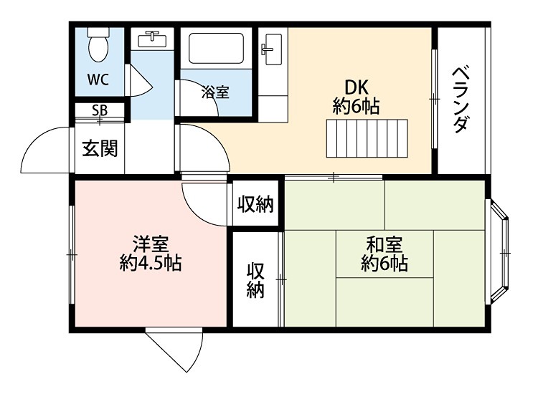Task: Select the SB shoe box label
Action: tap(99, 111)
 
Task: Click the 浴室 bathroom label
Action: tap(214, 92)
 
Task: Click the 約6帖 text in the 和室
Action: tap(384, 264)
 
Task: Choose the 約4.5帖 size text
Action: tap(150, 263)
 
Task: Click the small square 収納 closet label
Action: tap(255, 205)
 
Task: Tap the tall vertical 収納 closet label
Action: tap(255, 280)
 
